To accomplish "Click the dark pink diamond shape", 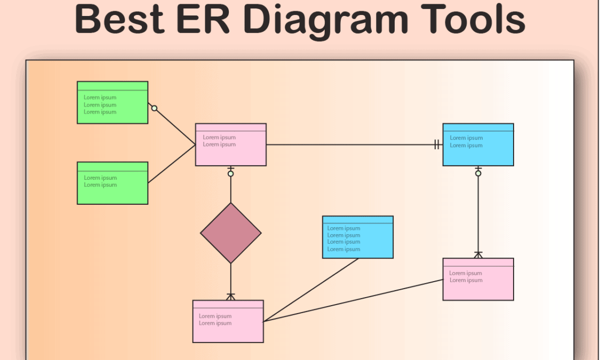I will [x=231, y=233].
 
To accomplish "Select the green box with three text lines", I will [x=113, y=102].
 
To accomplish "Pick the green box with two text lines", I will [x=113, y=183].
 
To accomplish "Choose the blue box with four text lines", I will [x=358, y=237].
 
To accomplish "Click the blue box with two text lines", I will [x=478, y=145].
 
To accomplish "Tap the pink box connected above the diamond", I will [x=230, y=145].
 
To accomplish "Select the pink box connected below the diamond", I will [x=228, y=321].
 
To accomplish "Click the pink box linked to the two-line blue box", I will [x=478, y=279].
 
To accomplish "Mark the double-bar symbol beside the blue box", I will [x=437, y=145].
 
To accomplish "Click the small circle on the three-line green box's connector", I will [x=154, y=108].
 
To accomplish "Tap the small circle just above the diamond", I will [x=231, y=173].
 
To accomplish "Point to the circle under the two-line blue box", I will [x=478, y=173].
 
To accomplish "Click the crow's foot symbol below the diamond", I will [x=231, y=296].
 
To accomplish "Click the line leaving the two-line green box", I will [x=172, y=164].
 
